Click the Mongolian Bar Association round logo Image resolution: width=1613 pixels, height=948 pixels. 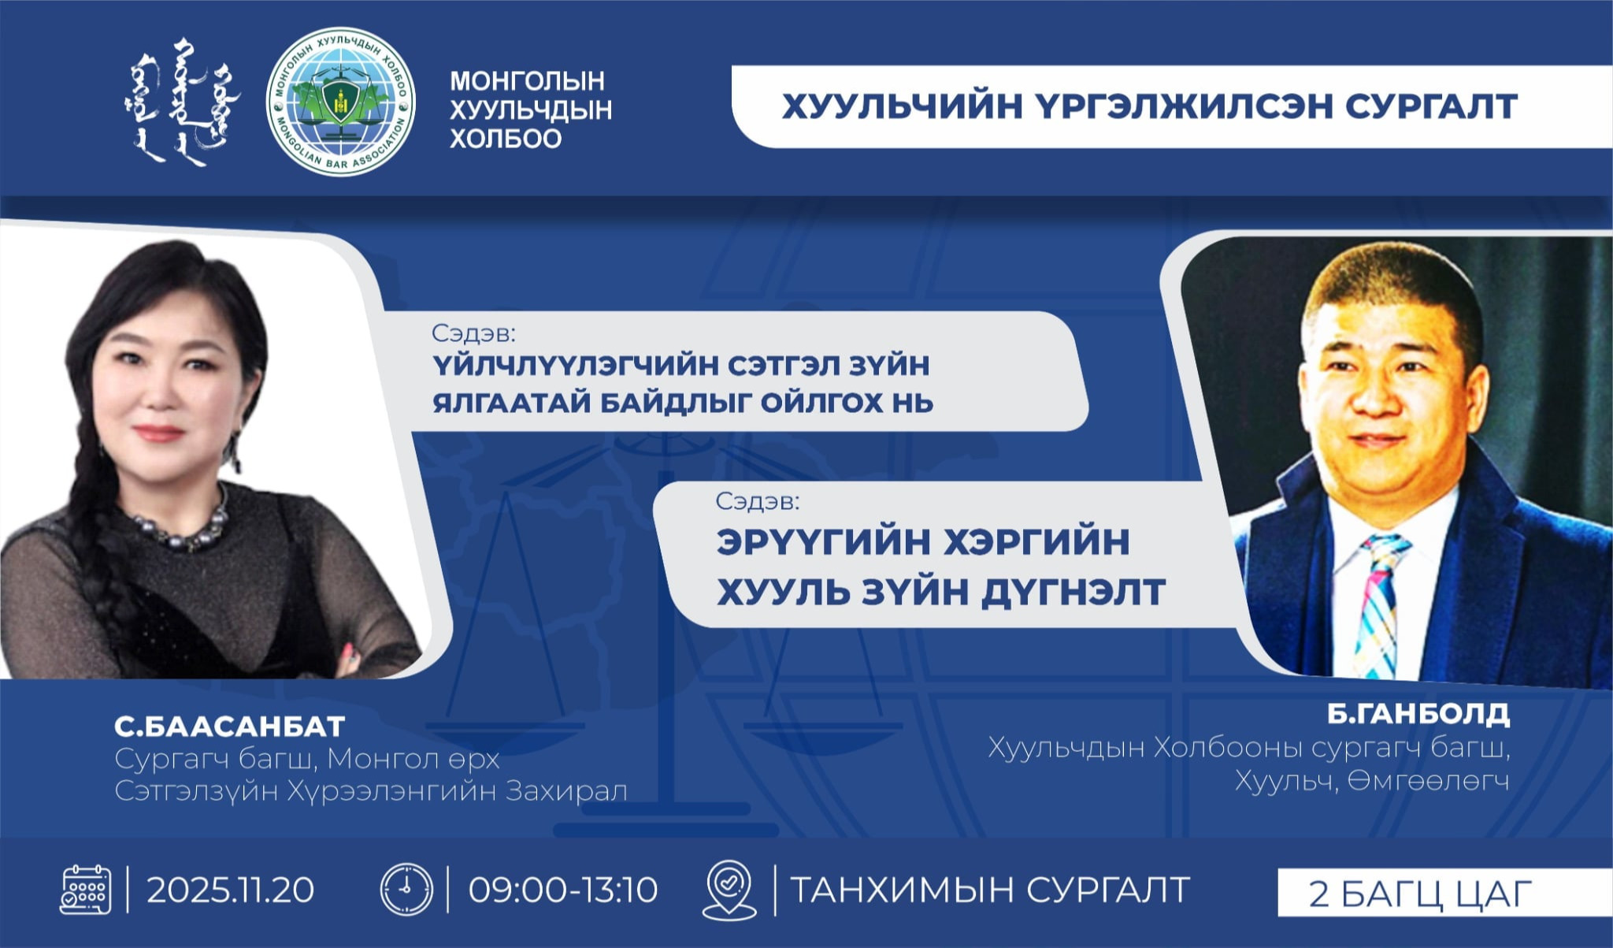point(340,102)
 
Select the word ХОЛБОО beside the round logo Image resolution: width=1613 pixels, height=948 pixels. point(505,139)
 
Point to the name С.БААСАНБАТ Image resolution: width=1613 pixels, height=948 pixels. point(230,726)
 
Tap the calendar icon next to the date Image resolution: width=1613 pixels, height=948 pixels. point(86,890)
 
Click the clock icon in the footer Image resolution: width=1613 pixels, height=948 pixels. point(406,890)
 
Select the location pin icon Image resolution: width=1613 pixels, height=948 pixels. point(729,890)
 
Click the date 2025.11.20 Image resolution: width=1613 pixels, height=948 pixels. point(231,890)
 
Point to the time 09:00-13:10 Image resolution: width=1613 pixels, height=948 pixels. point(563,890)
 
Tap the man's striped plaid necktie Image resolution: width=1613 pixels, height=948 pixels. point(1378,607)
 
